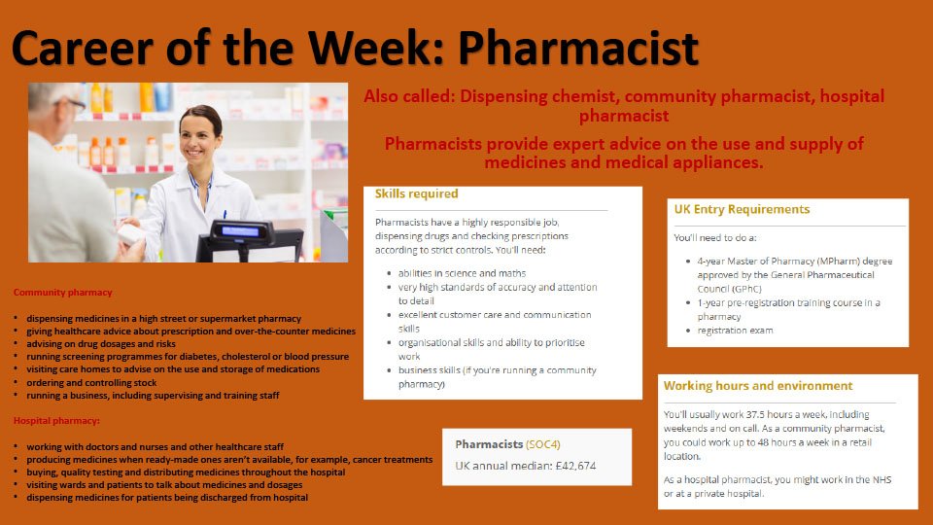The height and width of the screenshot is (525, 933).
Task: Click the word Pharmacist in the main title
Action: click(x=577, y=49)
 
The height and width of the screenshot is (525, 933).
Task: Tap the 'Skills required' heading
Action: click(x=417, y=193)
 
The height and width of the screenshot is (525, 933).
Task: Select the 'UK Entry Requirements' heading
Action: click(x=742, y=210)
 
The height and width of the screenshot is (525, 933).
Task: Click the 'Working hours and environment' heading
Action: click(x=758, y=386)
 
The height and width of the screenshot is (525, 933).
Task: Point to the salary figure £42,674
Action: click(x=575, y=466)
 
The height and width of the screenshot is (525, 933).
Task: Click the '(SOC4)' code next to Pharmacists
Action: click(x=542, y=444)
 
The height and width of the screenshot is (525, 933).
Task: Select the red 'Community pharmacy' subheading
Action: click(x=62, y=293)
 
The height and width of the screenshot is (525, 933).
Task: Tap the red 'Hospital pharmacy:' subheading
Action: click(x=56, y=421)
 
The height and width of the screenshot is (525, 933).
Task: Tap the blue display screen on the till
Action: click(x=240, y=231)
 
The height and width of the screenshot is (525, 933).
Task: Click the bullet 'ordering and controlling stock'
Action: click(x=91, y=383)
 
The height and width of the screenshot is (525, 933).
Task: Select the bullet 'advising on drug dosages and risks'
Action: click(x=101, y=344)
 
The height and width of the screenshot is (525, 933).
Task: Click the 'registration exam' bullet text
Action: click(x=735, y=331)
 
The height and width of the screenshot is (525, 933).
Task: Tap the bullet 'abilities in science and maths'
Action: click(x=463, y=273)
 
